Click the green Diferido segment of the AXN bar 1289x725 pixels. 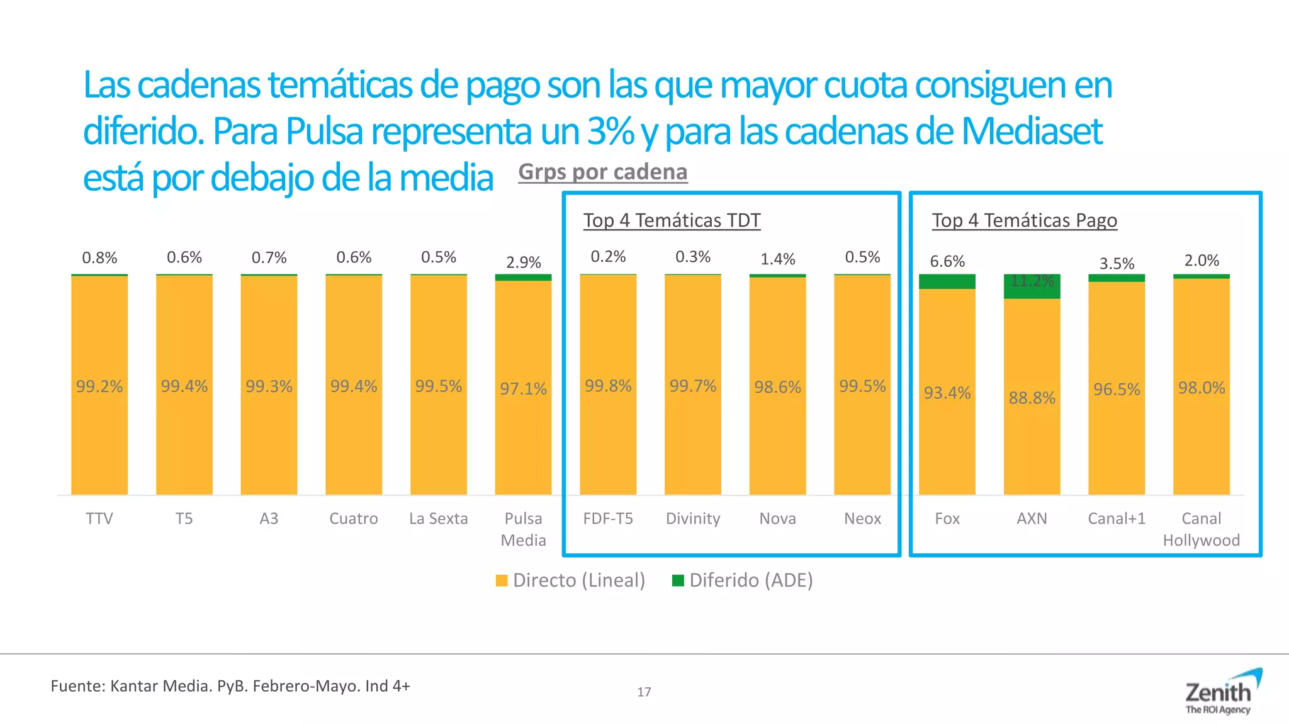[1032, 287]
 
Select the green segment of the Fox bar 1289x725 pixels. [947, 282]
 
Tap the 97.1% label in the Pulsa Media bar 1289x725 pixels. [523, 389]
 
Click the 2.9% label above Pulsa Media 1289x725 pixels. [523, 262]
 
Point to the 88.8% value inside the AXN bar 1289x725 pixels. [1032, 398]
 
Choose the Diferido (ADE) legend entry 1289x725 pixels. [743, 580]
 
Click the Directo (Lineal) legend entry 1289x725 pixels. [570, 580]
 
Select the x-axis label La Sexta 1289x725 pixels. [438, 519]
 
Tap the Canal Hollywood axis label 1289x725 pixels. [1201, 529]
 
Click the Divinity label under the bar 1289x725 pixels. [692, 519]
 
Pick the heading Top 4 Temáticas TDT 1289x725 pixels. [672, 220]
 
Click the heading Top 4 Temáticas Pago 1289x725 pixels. [1024, 220]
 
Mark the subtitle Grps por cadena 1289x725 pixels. [602, 172]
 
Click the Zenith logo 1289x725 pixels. [1219, 694]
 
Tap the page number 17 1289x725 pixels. [644, 692]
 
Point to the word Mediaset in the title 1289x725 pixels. [1032, 132]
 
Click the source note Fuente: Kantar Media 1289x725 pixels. [230, 686]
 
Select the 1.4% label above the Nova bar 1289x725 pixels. [777, 259]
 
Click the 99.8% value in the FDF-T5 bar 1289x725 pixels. [607, 386]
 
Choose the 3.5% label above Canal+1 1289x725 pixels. [1117, 263]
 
